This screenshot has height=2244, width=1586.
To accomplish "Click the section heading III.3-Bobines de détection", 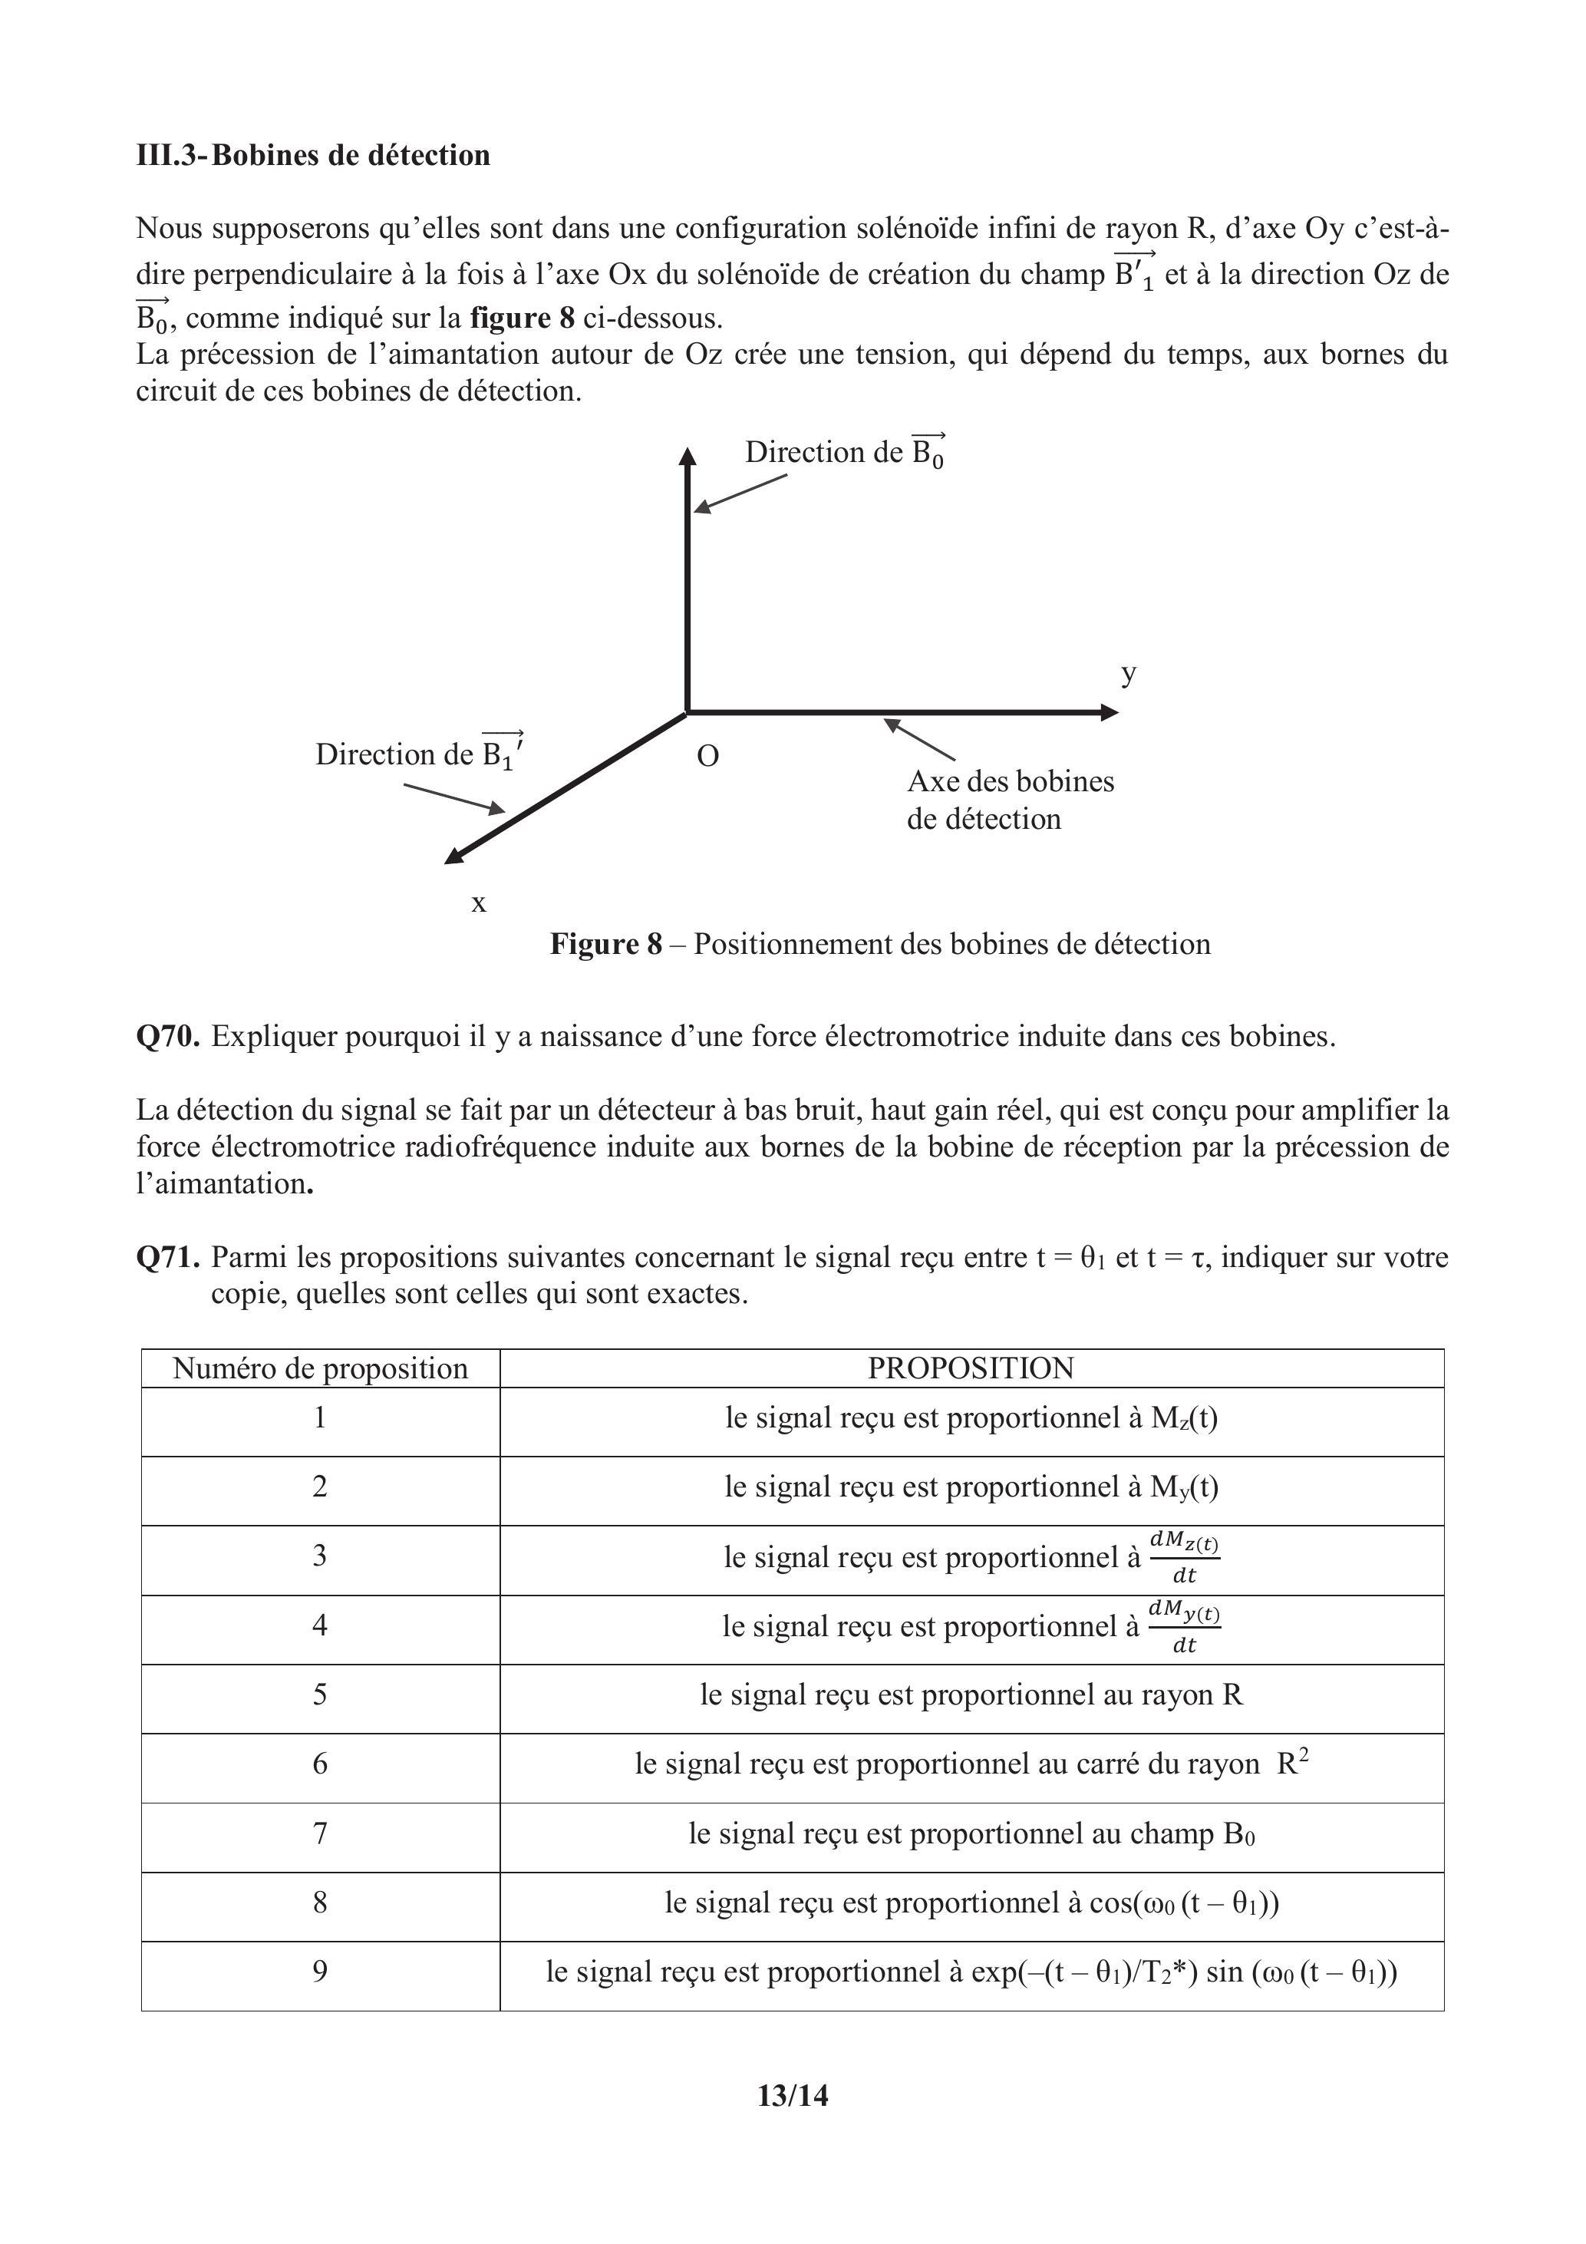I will click(x=313, y=155).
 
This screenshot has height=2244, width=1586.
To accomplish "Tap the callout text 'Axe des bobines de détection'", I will click(x=1010, y=800).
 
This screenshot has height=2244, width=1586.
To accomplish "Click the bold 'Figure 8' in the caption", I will click(x=606, y=943).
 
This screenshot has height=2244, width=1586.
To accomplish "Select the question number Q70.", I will click(x=168, y=1036).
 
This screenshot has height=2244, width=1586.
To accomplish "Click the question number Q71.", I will click(x=168, y=1257).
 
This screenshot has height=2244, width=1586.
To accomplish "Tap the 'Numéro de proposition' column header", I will click(x=321, y=1368).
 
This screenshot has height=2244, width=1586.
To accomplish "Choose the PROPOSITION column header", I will click(x=971, y=1368).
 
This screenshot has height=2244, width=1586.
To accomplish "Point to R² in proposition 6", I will click(x=1292, y=1762).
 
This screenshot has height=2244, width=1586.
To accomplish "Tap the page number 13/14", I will click(x=793, y=2095).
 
